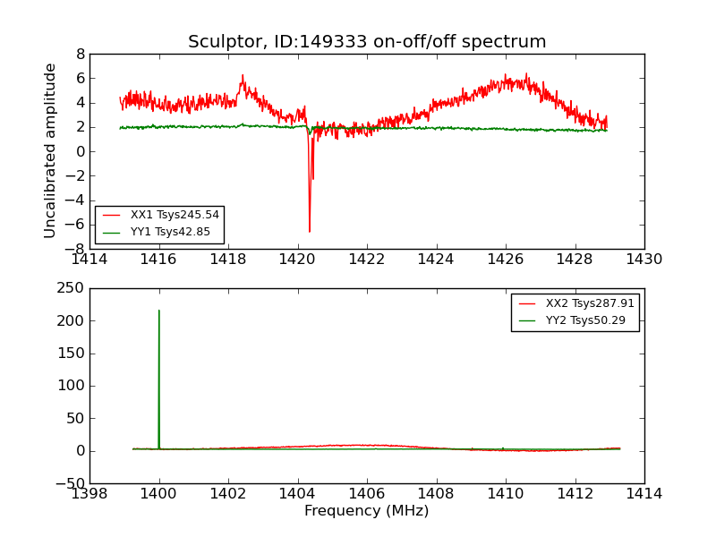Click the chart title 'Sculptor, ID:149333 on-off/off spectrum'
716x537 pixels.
click(367, 42)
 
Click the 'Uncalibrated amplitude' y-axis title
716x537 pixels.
click(51, 150)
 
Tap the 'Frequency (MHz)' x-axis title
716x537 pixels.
click(366, 511)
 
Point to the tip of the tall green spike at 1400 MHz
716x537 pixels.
click(159, 311)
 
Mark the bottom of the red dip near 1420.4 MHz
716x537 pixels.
click(310, 232)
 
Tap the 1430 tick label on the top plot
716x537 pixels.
click(644, 260)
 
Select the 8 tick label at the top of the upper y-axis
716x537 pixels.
click(80, 54)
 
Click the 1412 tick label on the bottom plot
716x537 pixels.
click(575, 494)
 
